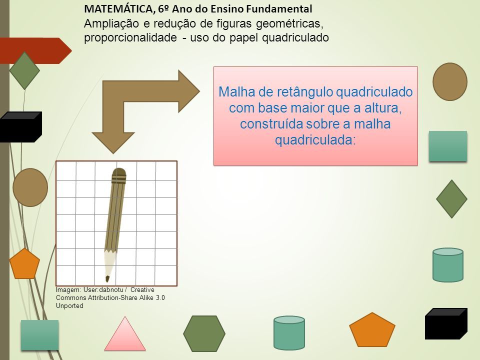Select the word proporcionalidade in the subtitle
pyautogui.click(x=130, y=38)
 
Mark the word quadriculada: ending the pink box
pyautogui.click(x=315, y=140)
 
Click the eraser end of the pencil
pyautogui.click(x=119, y=175)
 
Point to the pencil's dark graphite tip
pyautogui.click(x=107, y=279)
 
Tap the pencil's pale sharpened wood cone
pyautogui.click(x=109, y=263)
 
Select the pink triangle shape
pyautogui.click(x=125, y=334)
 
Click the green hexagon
pyautogui.click(x=204, y=333)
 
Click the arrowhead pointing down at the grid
pyautogui.click(x=113, y=142)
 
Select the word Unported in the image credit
pyautogui.click(x=69, y=306)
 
